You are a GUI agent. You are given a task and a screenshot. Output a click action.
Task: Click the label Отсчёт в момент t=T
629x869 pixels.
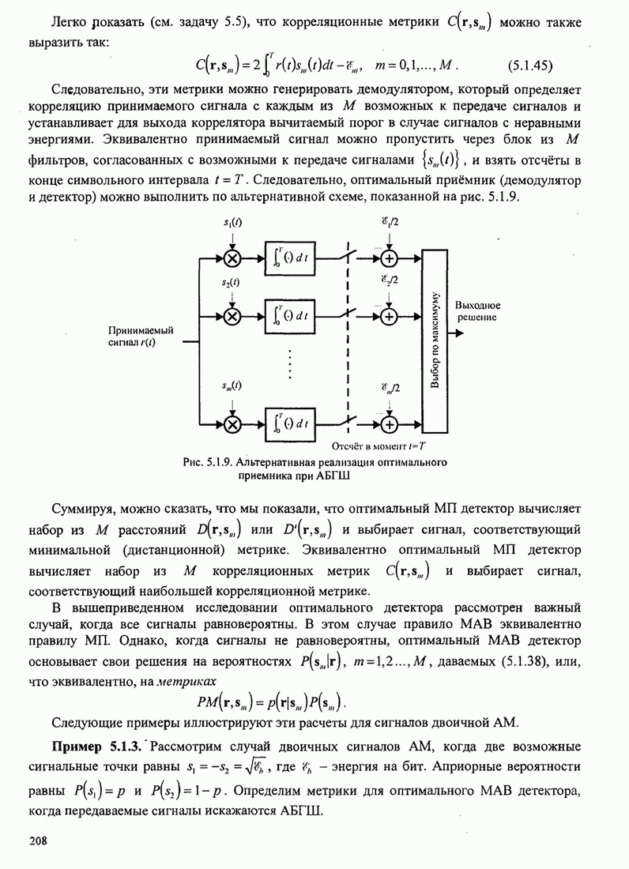click(376, 446)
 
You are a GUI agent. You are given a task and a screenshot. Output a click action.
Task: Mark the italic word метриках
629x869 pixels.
click(185, 679)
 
